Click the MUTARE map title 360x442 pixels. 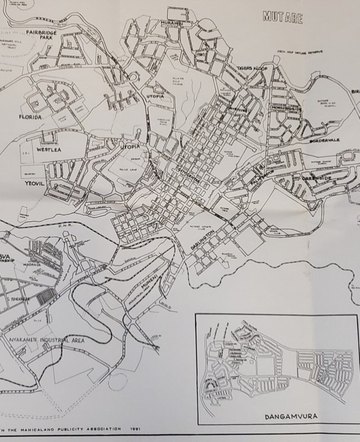click(282, 16)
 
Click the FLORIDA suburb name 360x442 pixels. click(31, 117)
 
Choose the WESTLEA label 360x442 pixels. click(49, 149)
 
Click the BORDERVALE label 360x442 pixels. click(325, 141)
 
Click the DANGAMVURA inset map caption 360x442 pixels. click(291, 416)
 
